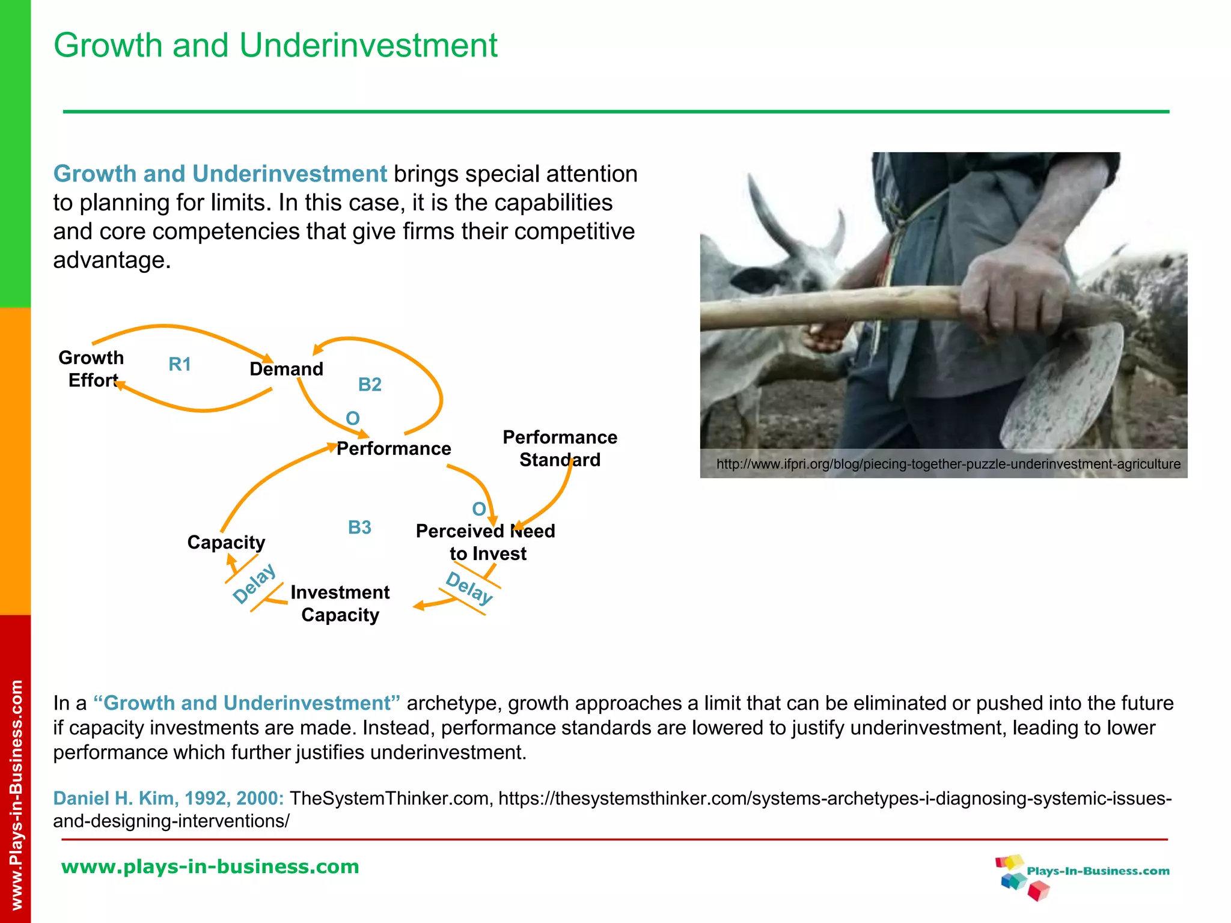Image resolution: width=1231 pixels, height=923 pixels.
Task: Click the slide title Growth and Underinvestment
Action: click(275, 46)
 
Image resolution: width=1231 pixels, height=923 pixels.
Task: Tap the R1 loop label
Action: click(180, 364)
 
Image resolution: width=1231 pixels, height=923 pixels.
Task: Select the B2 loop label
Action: click(370, 385)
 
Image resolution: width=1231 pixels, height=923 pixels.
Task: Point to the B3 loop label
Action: click(359, 528)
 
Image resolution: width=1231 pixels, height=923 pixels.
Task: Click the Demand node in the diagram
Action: click(286, 369)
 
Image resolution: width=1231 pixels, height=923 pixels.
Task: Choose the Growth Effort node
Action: click(91, 369)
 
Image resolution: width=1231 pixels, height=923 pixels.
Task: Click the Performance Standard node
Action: click(560, 448)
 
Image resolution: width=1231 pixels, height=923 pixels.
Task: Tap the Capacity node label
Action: click(226, 542)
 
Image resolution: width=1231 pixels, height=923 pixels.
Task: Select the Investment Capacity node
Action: click(340, 603)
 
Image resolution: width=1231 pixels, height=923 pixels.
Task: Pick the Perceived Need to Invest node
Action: click(486, 542)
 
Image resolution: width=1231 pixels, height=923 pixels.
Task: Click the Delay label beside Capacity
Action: click(254, 583)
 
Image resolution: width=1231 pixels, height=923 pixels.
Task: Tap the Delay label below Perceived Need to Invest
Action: click(469, 588)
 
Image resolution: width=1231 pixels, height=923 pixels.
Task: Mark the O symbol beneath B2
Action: click(353, 418)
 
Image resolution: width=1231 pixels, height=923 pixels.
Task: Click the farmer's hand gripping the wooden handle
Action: click(1016, 288)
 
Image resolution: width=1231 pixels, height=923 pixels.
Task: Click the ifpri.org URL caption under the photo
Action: click(948, 464)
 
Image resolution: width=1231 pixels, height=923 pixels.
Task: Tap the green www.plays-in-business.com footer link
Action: click(210, 867)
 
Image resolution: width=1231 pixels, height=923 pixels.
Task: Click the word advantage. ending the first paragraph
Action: click(112, 260)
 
